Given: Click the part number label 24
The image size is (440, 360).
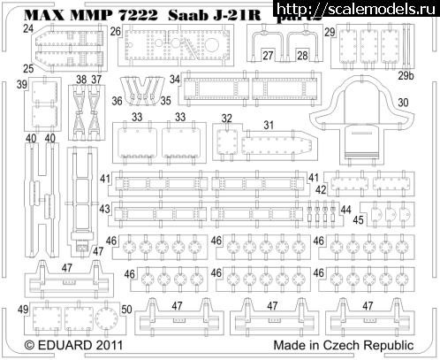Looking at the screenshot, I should tap(28, 28).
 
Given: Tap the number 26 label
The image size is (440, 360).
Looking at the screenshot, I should tap(116, 31).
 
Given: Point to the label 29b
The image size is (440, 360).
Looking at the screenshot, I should tap(405, 77).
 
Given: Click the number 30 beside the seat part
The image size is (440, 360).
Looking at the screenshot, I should tap(404, 102).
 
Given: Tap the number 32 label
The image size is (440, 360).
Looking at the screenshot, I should tap(227, 118).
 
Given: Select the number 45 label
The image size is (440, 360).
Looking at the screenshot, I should tap(359, 219).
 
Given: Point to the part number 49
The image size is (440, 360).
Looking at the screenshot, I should tap(23, 309).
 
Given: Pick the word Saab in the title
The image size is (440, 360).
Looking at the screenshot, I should tap(176, 14).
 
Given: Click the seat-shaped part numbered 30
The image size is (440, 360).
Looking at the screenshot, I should tap(358, 119).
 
